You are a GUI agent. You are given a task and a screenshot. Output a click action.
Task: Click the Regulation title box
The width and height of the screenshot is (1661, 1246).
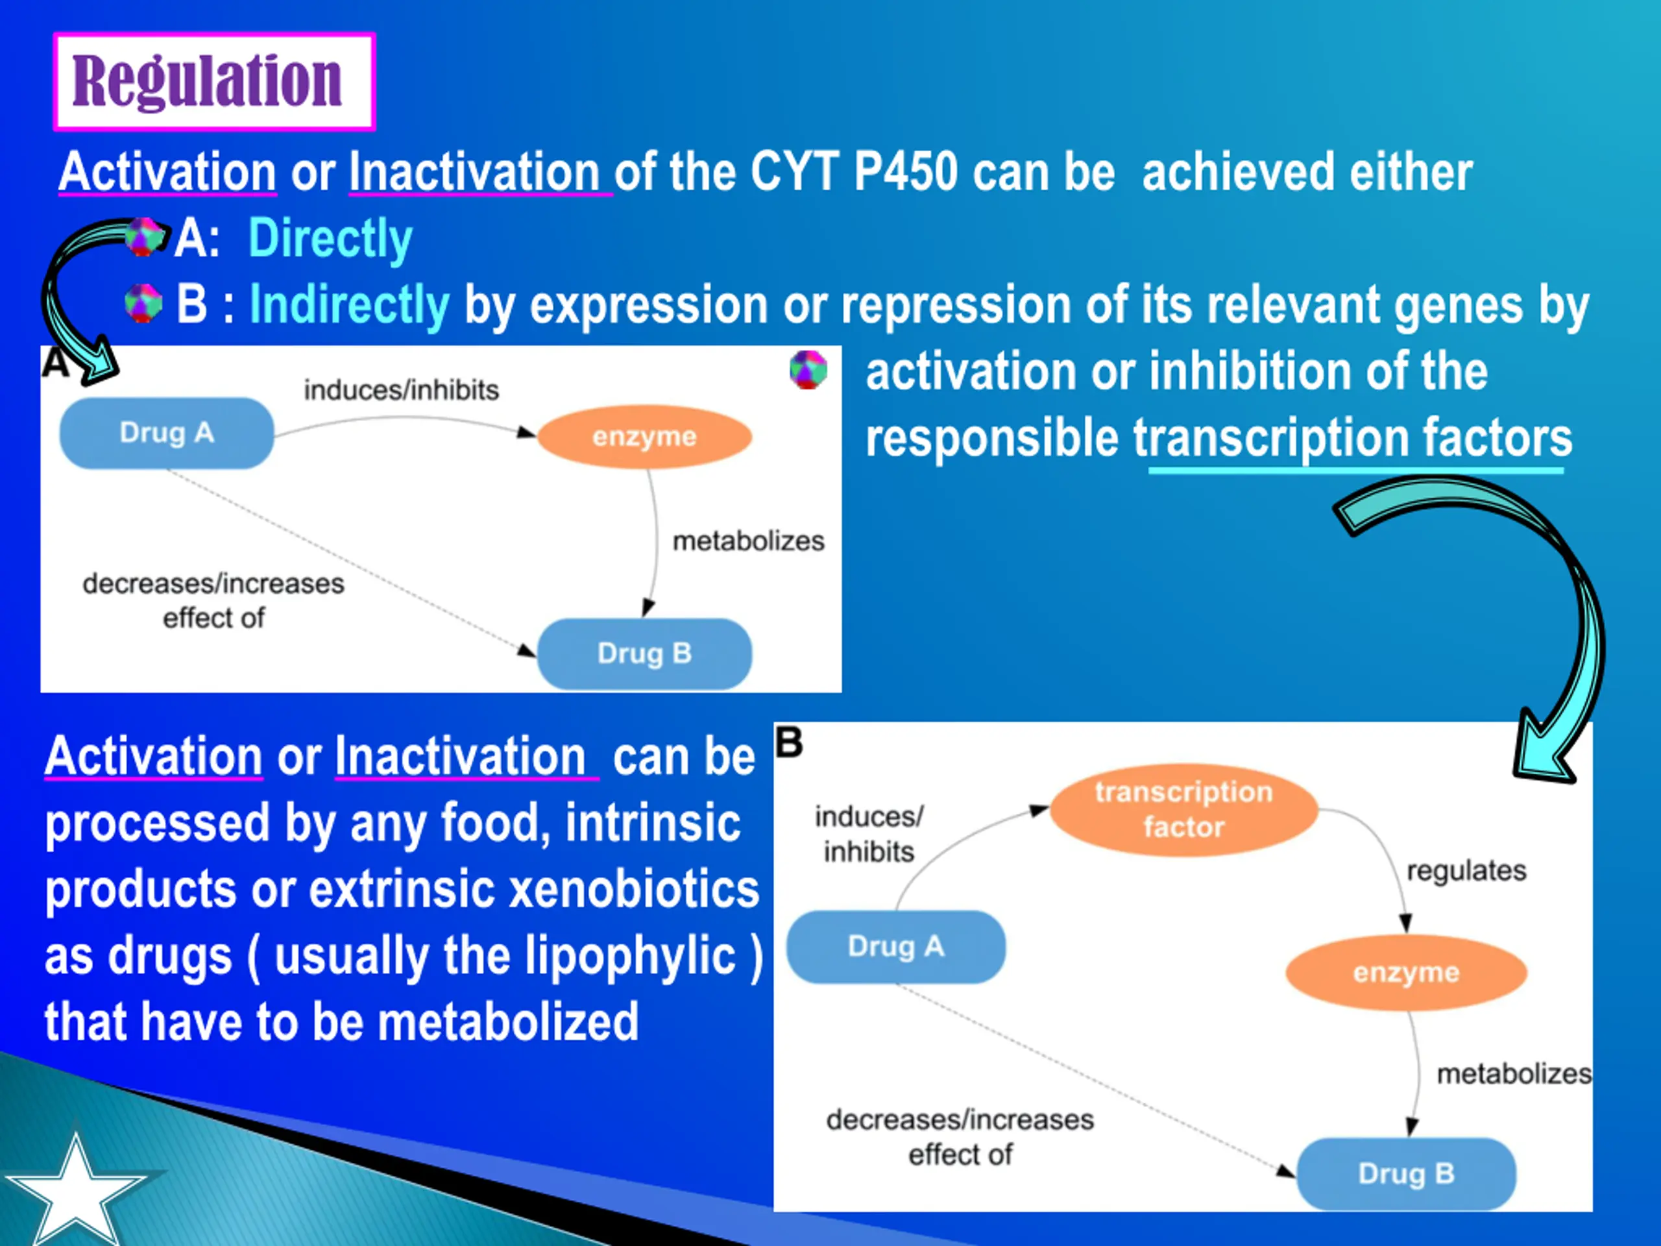tap(214, 81)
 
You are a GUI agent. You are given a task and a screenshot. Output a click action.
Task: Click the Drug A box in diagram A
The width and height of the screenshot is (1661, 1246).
tap(167, 434)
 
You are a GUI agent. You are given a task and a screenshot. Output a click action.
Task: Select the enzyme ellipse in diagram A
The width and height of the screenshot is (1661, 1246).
tap(644, 436)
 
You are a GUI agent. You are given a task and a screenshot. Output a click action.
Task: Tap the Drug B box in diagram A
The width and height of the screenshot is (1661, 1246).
tap(644, 654)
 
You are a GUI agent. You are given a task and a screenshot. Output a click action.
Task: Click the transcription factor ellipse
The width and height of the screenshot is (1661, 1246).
tap(1183, 810)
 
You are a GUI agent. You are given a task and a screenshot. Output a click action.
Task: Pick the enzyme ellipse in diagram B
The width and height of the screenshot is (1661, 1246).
tap(1406, 973)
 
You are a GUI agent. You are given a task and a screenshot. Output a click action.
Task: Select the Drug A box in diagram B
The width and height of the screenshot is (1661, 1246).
tap(896, 946)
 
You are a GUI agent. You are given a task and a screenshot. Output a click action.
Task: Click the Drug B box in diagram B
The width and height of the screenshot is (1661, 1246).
tap(1407, 1173)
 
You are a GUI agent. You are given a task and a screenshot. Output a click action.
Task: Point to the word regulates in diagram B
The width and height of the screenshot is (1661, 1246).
tap(1466, 870)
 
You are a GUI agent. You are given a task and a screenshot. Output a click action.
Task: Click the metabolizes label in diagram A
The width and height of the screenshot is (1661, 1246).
tap(748, 541)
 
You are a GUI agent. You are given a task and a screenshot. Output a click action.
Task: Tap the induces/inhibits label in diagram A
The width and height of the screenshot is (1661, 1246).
tap(401, 391)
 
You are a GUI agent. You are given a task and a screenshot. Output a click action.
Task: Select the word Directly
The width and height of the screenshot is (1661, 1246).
tap(330, 239)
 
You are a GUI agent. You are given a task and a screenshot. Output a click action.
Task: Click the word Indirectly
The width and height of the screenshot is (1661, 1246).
tap(349, 305)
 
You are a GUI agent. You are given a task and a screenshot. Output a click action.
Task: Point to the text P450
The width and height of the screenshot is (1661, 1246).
tap(906, 172)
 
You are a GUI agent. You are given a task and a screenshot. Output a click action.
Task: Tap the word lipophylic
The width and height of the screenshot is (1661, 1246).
tap(630, 955)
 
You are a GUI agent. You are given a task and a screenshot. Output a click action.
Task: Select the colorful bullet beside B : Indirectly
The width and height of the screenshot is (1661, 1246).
tap(143, 304)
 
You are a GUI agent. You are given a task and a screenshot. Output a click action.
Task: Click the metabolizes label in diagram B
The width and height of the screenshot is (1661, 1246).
tap(1513, 1074)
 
